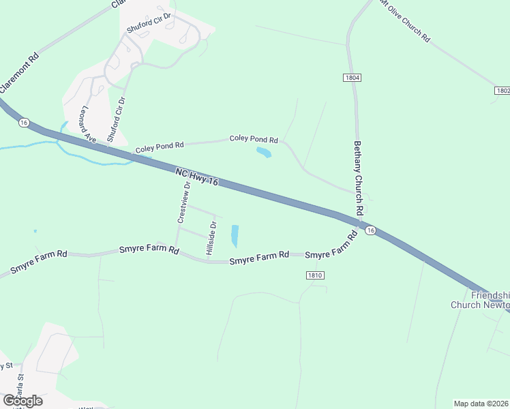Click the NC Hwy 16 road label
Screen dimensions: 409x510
pos(196,178)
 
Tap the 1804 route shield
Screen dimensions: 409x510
pos(352,78)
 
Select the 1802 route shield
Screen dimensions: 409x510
pos(502,90)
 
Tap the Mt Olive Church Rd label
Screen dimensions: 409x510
pos(406,22)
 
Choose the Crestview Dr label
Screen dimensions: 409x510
pos(181,202)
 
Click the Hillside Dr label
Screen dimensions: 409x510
pos(212,239)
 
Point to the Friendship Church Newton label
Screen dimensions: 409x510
pos(481,300)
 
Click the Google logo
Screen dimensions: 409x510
pos(22,401)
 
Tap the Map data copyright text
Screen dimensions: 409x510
pos(481,404)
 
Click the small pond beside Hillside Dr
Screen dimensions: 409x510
pos(235,236)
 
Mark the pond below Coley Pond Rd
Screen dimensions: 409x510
pos(262,153)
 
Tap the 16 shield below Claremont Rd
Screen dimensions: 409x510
pos(25,122)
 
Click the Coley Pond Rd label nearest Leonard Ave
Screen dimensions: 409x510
pos(160,146)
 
